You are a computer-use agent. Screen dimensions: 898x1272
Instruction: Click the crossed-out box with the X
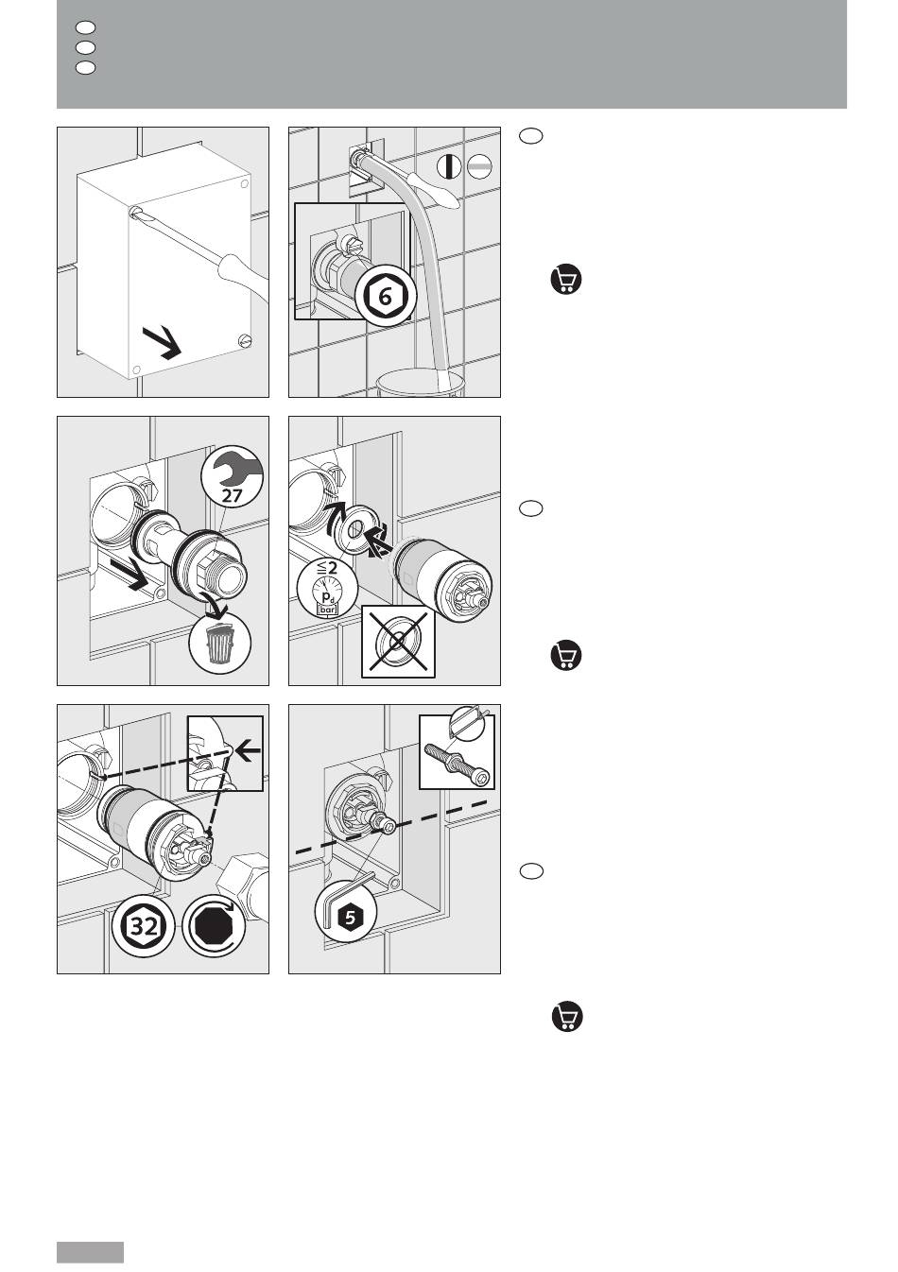(399, 642)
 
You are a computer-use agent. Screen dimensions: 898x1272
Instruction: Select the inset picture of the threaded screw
(458, 751)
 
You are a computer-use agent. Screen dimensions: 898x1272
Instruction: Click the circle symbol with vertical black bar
(449, 166)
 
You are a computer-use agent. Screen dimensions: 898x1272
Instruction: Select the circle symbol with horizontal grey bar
(479, 166)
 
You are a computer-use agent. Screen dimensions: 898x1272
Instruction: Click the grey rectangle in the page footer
(90, 1251)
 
